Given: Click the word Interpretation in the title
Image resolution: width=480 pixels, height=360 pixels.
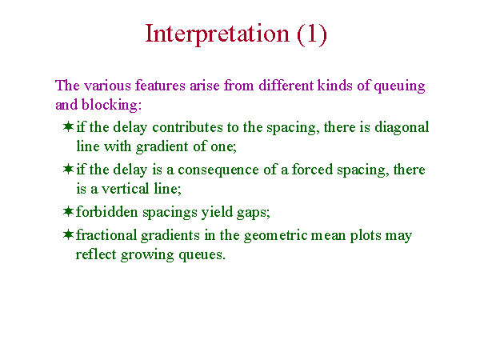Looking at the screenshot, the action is point(217,34).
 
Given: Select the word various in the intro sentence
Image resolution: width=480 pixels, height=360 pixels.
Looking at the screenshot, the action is point(107,86).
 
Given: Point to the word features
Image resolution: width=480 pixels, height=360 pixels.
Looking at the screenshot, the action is point(160,85).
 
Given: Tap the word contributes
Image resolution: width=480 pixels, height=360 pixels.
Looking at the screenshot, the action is point(187,127).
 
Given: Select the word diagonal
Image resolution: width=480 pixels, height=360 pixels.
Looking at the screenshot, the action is point(402,128).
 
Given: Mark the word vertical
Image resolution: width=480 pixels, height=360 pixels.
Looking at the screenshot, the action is point(125,189).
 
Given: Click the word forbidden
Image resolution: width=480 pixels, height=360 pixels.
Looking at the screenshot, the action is point(107,212).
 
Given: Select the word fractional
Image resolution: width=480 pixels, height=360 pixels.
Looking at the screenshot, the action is point(106,235).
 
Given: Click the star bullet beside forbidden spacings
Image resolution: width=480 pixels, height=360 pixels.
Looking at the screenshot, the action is point(68,211).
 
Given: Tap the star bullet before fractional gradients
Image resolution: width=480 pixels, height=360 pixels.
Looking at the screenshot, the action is point(68,234).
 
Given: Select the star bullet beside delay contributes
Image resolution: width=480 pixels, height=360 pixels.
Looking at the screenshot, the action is point(68,126).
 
